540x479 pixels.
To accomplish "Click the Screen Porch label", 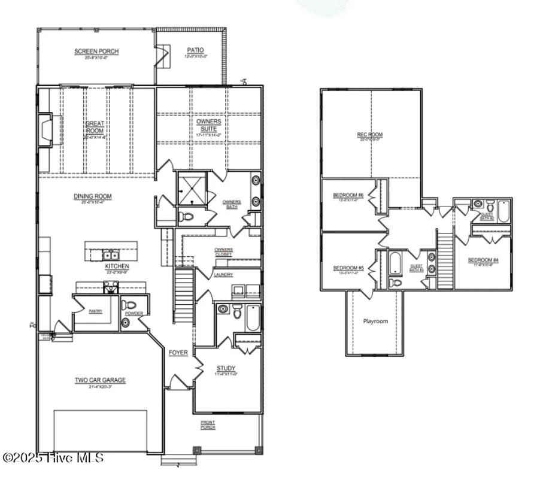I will (96, 51).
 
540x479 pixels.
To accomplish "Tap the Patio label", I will (195, 50).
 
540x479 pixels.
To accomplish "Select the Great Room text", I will (95, 127).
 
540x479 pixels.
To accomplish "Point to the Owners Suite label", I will (209, 125).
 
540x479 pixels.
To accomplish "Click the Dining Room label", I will (93, 196).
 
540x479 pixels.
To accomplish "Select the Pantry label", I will (95, 311).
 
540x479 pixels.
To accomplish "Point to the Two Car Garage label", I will (100, 380).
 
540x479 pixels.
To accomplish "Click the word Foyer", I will (178, 353).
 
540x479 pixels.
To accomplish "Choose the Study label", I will (226, 368).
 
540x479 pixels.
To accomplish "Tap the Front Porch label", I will (208, 425).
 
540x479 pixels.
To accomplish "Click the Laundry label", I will (223, 275).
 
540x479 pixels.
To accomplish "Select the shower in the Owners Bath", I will (192, 187).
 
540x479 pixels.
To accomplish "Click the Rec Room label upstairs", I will (370, 135).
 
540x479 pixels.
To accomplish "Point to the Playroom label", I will (375, 322).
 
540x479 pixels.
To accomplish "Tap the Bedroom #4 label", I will (483, 260).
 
